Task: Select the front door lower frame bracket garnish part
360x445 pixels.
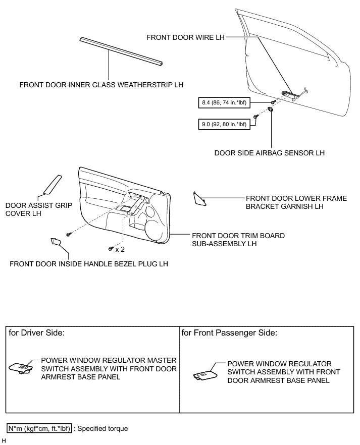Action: tap(200, 199)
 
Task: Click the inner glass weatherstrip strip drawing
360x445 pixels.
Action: tap(121, 50)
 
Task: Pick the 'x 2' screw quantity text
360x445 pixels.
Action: tap(120, 249)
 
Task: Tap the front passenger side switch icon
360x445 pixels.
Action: tap(205, 374)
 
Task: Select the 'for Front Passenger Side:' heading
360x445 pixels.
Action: tap(229, 333)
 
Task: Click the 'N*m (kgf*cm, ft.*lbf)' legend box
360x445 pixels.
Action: tap(39, 428)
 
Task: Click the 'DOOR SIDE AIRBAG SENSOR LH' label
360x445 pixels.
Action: tap(269, 152)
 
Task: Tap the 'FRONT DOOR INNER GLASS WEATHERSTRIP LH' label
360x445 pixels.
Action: tap(101, 85)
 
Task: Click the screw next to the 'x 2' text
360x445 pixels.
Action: tap(111, 248)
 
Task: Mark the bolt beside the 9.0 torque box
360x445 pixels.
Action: tap(256, 117)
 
